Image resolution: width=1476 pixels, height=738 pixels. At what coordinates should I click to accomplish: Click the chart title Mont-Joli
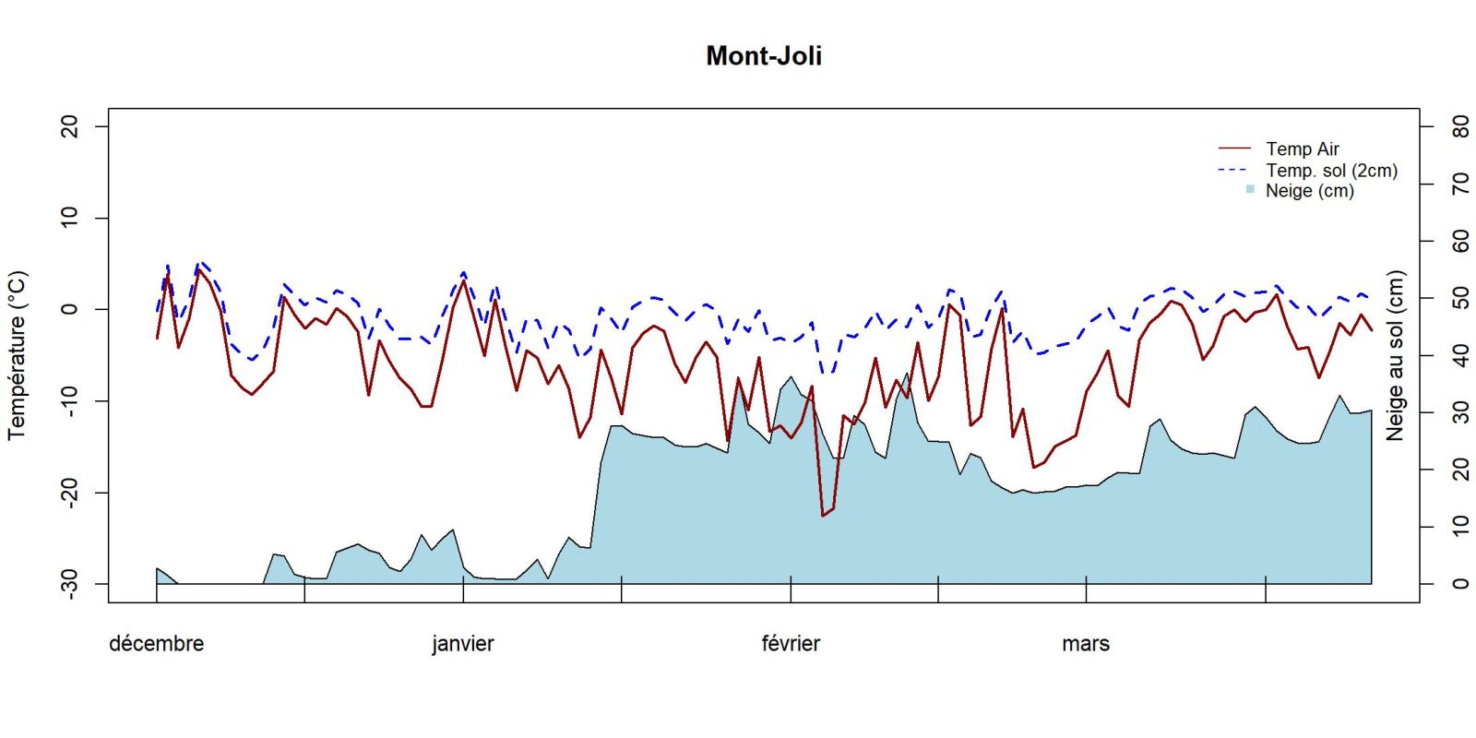click(x=763, y=56)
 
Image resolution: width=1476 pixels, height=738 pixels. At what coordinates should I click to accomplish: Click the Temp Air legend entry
click(x=1302, y=149)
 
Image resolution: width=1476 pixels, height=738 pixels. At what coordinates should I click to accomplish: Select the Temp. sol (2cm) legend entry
click(x=1331, y=171)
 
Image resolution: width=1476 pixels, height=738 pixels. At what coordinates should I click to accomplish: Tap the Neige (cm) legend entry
click(x=1309, y=191)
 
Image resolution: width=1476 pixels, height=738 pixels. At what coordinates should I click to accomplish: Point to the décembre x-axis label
click(x=156, y=644)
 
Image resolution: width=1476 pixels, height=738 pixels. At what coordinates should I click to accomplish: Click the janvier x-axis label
click(x=462, y=644)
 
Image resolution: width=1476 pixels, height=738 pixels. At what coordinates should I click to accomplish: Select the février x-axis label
click(x=791, y=644)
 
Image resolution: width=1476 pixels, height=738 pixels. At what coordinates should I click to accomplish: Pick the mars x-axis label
click(x=1085, y=644)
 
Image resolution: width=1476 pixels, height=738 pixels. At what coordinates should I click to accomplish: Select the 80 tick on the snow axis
click(x=1459, y=126)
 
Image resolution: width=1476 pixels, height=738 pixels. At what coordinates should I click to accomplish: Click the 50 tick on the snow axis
click(x=1459, y=298)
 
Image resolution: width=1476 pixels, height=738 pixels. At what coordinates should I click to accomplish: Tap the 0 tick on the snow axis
click(x=1459, y=583)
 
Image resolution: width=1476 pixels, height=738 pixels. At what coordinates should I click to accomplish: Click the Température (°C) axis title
click(x=18, y=355)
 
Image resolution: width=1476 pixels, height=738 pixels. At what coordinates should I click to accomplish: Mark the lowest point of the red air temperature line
click(x=823, y=516)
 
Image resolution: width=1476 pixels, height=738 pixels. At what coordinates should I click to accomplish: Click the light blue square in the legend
click(x=1250, y=189)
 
